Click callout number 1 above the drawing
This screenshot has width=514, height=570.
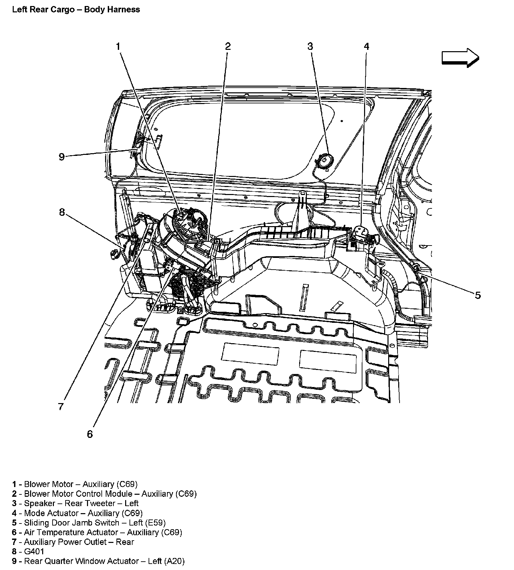click(x=118, y=46)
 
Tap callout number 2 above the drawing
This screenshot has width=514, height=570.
click(x=228, y=46)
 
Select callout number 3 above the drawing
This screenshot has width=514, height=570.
click(x=310, y=46)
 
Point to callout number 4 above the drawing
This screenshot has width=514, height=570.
click(x=366, y=46)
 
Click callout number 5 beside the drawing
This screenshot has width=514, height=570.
click(x=478, y=295)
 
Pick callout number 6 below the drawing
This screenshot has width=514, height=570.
click(x=90, y=434)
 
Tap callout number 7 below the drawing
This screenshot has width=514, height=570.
click(x=61, y=407)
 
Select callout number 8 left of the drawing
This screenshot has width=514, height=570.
click(x=62, y=212)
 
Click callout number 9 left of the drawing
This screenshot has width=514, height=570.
click(x=62, y=157)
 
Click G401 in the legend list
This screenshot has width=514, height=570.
click(x=34, y=552)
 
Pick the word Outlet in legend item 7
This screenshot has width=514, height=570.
click(x=95, y=542)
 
